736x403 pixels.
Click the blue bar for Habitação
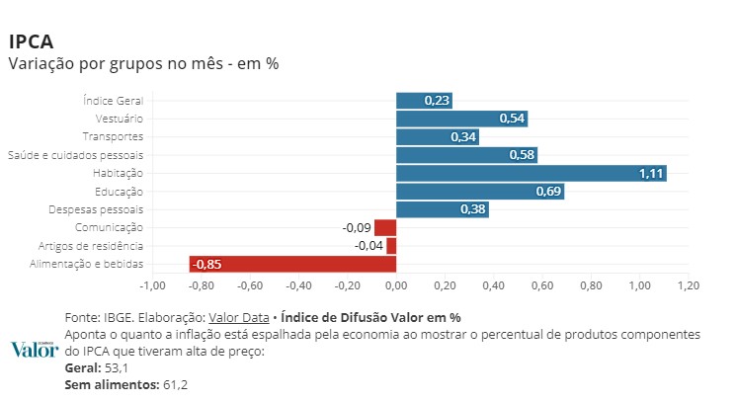[x=531, y=173]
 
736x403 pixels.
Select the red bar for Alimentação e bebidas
[x=292, y=264]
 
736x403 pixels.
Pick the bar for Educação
[x=479, y=191]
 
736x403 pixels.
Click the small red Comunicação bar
[x=385, y=227]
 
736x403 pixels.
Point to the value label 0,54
[x=512, y=119]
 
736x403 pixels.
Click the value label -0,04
[x=369, y=246]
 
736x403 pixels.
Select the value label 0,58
[x=522, y=155]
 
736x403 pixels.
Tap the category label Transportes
[x=113, y=136]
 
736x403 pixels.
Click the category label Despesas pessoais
[x=96, y=209]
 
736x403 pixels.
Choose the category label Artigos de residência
[x=91, y=246]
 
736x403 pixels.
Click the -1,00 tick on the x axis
[x=151, y=285]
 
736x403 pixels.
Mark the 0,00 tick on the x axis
[x=395, y=285]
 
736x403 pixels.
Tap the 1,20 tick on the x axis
[x=688, y=285]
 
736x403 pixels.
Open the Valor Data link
[x=238, y=318]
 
